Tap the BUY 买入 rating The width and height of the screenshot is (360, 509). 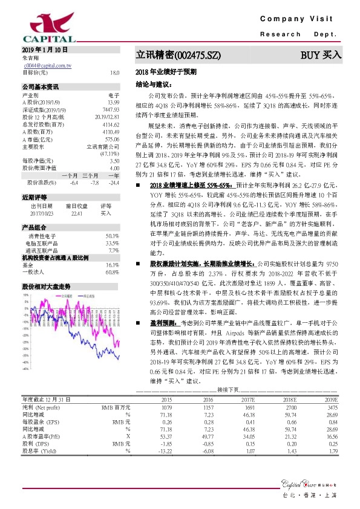click(321, 55)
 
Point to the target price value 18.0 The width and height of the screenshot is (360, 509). click(114, 73)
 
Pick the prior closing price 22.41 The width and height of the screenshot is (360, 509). click(75, 196)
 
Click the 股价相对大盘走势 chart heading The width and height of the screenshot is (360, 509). click(47, 268)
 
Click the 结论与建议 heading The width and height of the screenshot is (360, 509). click(151, 84)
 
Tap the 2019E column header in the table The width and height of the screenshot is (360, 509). click(330, 400)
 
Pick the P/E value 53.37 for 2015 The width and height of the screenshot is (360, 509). click(164, 435)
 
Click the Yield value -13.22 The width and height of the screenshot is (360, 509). click(164, 450)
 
